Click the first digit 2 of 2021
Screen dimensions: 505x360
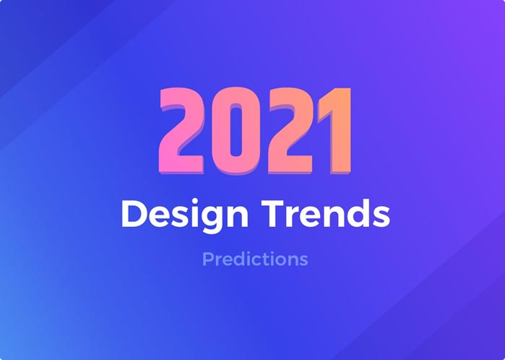(181, 131)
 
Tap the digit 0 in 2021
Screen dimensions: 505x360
(236, 131)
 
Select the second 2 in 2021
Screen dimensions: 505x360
(290, 131)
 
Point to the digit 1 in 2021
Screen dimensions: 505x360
(336, 131)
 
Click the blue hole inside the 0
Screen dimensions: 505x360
(236, 131)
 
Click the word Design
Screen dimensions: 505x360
(185, 214)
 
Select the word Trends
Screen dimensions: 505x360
(326, 213)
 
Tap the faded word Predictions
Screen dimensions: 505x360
(256, 259)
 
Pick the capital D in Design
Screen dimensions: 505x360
(134, 213)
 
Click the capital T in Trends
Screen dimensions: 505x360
(273, 213)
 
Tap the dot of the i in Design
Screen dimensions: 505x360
(194, 201)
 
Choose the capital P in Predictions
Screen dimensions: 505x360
(208, 259)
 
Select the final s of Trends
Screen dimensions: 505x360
(381, 217)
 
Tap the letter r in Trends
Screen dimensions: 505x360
(291, 217)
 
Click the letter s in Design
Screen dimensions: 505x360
(180, 217)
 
